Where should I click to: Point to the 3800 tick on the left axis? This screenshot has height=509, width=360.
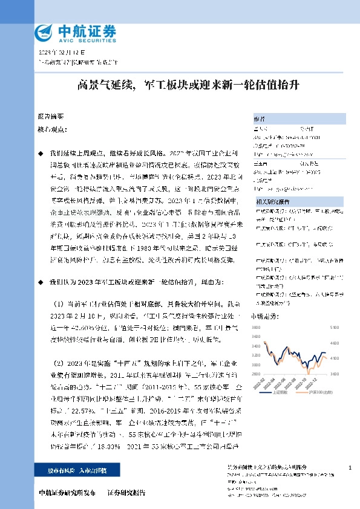(256, 328)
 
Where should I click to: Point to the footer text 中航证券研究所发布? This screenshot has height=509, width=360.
(67, 493)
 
